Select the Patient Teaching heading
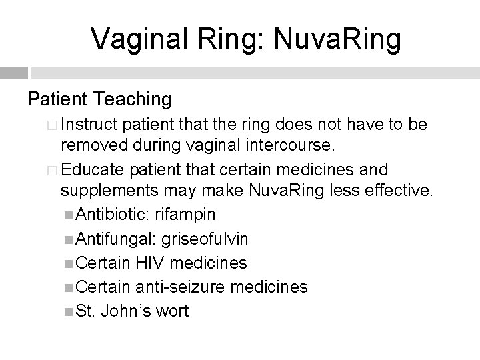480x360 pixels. coord(99,99)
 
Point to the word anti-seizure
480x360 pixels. coord(176,287)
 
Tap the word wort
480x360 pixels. coord(171,310)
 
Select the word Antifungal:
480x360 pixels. coord(113,239)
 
